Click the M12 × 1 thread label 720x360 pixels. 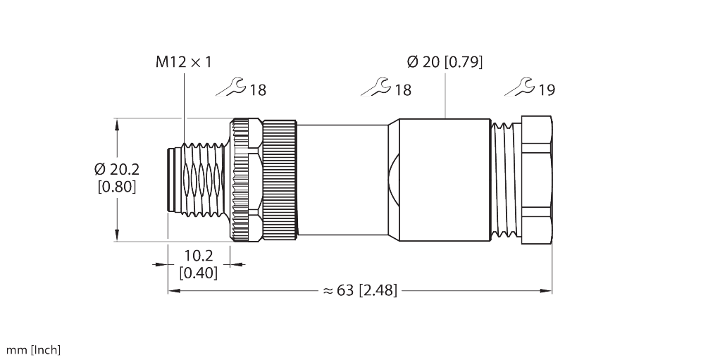[x=183, y=62]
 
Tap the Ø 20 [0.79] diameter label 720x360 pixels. [x=444, y=62]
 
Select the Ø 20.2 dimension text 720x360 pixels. [x=116, y=170]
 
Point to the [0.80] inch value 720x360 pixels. [x=116, y=187]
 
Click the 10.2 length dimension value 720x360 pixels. [x=199, y=256]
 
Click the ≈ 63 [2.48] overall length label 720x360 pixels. [x=360, y=290]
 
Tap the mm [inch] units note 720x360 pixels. [x=33, y=349]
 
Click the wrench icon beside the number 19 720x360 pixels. [x=521, y=88]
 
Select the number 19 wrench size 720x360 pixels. [x=546, y=90]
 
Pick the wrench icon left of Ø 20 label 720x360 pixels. [x=375, y=88]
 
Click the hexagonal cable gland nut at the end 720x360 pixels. [x=536, y=180]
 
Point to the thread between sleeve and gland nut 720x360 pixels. [x=505, y=180]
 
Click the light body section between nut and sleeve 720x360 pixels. [x=342, y=180]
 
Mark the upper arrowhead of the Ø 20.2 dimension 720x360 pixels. [x=117, y=125]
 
